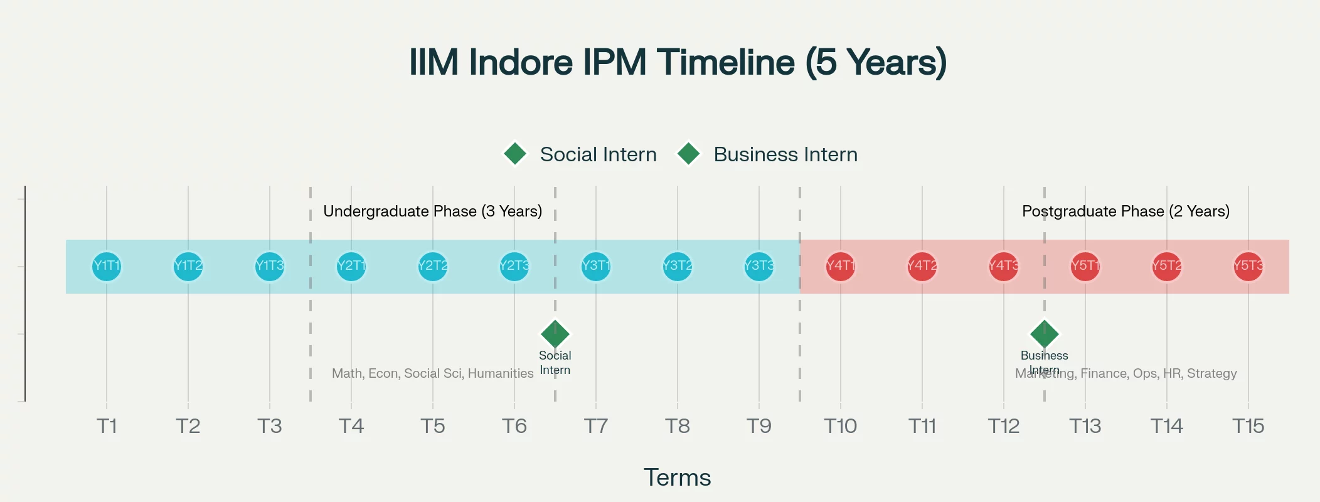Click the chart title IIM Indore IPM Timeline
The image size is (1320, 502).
click(x=678, y=62)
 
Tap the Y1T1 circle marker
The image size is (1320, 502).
click(x=107, y=266)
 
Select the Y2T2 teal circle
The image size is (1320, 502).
click(x=433, y=266)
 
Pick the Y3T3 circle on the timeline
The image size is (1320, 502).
click(x=759, y=266)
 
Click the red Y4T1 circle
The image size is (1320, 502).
click(x=841, y=266)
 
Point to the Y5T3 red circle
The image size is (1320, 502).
click(x=1248, y=266)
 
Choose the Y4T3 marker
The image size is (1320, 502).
click(x=1004, y=266)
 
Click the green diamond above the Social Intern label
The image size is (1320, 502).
click(x=555, y=333)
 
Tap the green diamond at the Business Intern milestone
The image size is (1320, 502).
click(x=1045, y=333)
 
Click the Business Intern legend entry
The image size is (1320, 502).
click(x=768, y=154)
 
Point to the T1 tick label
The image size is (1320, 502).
click(x=107, y=427)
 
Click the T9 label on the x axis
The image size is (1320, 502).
click(x=759, y=427)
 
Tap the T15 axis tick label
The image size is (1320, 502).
click(x=1248, y=427)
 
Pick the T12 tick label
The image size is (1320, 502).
click(x=1004, y=427)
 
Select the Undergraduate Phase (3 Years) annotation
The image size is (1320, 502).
click(x=433, y=211)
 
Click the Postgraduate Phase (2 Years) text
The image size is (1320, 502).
click(x=1126, y=211)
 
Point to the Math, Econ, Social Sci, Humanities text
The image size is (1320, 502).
click(x=433, y=374)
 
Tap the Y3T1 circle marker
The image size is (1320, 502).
click(x=596, y=266)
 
